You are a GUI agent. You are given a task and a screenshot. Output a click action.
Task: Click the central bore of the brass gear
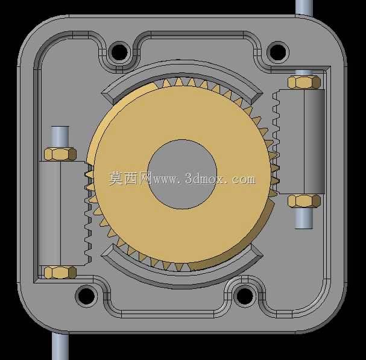182,174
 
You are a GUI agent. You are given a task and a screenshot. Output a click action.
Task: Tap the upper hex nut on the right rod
304,82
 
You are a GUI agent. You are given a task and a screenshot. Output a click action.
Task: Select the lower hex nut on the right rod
304,201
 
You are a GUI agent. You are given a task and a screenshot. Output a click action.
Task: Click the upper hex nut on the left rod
60,154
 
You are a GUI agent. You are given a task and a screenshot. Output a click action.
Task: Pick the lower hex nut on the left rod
60,273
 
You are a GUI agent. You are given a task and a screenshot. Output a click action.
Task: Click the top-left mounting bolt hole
119,52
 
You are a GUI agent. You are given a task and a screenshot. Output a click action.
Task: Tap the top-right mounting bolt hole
277,52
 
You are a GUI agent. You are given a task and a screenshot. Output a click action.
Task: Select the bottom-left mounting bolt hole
86,296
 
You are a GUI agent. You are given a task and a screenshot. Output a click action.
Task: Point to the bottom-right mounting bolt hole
245,296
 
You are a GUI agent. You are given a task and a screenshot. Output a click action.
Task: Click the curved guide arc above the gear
182,67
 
